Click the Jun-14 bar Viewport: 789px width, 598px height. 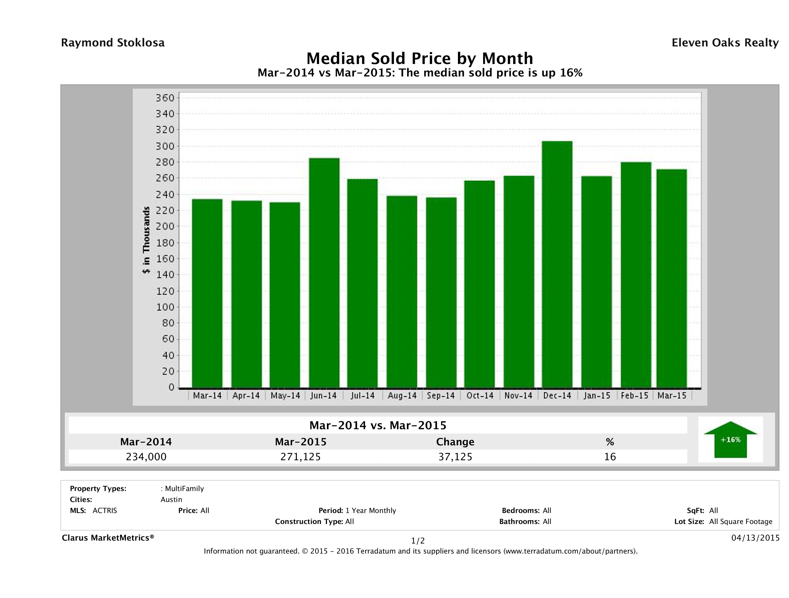324,273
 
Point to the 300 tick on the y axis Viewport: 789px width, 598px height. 165,146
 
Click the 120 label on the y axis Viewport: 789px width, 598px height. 165,291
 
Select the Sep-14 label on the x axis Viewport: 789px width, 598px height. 441,395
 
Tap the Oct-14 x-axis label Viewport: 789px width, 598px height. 480,395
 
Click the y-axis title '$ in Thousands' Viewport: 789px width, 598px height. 146,240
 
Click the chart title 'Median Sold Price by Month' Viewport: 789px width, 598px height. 420,58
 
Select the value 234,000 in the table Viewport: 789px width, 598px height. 146,457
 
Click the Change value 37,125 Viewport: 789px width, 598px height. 455,457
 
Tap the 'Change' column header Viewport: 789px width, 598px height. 455,442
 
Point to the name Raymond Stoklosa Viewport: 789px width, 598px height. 113,43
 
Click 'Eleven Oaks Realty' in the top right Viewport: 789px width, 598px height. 725,43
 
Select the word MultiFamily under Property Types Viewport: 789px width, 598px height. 184,489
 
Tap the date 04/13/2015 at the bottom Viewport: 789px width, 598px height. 755,538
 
